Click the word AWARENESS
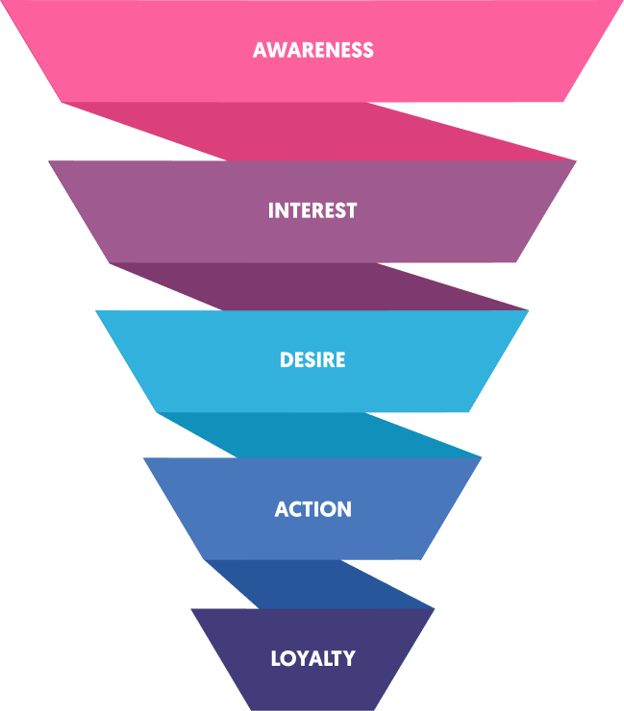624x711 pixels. pos(312,50)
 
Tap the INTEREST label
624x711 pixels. pos(312,210)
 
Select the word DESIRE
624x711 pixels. pos(312,360)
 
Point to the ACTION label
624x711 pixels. pos(312,509)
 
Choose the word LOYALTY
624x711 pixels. pos(312,659)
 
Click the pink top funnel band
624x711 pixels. pos(144,58)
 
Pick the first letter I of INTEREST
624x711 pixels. pos(271,210)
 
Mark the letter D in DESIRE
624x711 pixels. pos(286,360)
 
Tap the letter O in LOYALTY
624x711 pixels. pos(288,659)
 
